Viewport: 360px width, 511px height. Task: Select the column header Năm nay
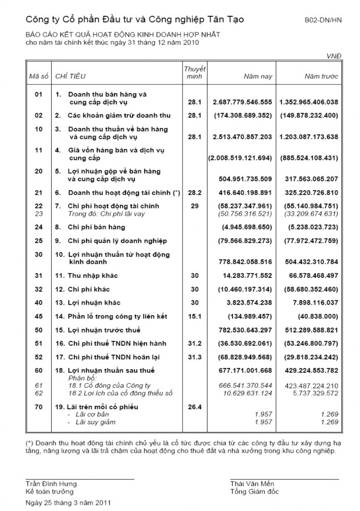pos(258,77)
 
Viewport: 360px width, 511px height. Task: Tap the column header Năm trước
pos(320,77)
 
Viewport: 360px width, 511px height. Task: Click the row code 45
pos(38,316)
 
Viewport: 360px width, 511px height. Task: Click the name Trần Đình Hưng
pos(51,484)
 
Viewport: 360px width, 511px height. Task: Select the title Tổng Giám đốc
pos(254,492)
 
